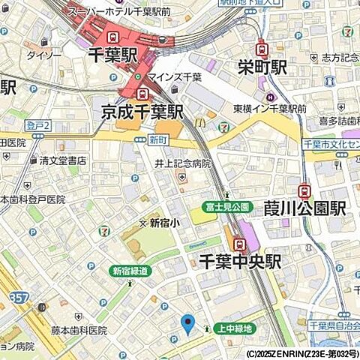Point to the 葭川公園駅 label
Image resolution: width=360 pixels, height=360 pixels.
click(x=305, y=208)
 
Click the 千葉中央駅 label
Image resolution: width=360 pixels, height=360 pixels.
click(x=239, y=261)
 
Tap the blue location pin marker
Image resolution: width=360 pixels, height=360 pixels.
click(x=187, y=324)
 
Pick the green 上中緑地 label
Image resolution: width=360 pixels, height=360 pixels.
click(x=235, y=328)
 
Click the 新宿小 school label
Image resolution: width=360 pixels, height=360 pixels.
click(x=164, y=223)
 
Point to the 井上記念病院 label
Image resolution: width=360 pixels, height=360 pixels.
click(x=182, y=163)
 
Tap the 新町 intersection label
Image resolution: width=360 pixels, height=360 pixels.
click(x=157, y=139)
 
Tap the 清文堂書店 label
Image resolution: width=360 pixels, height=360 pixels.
click(x=63, y=160)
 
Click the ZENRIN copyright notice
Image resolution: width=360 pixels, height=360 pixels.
click(x=301, y=353)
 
